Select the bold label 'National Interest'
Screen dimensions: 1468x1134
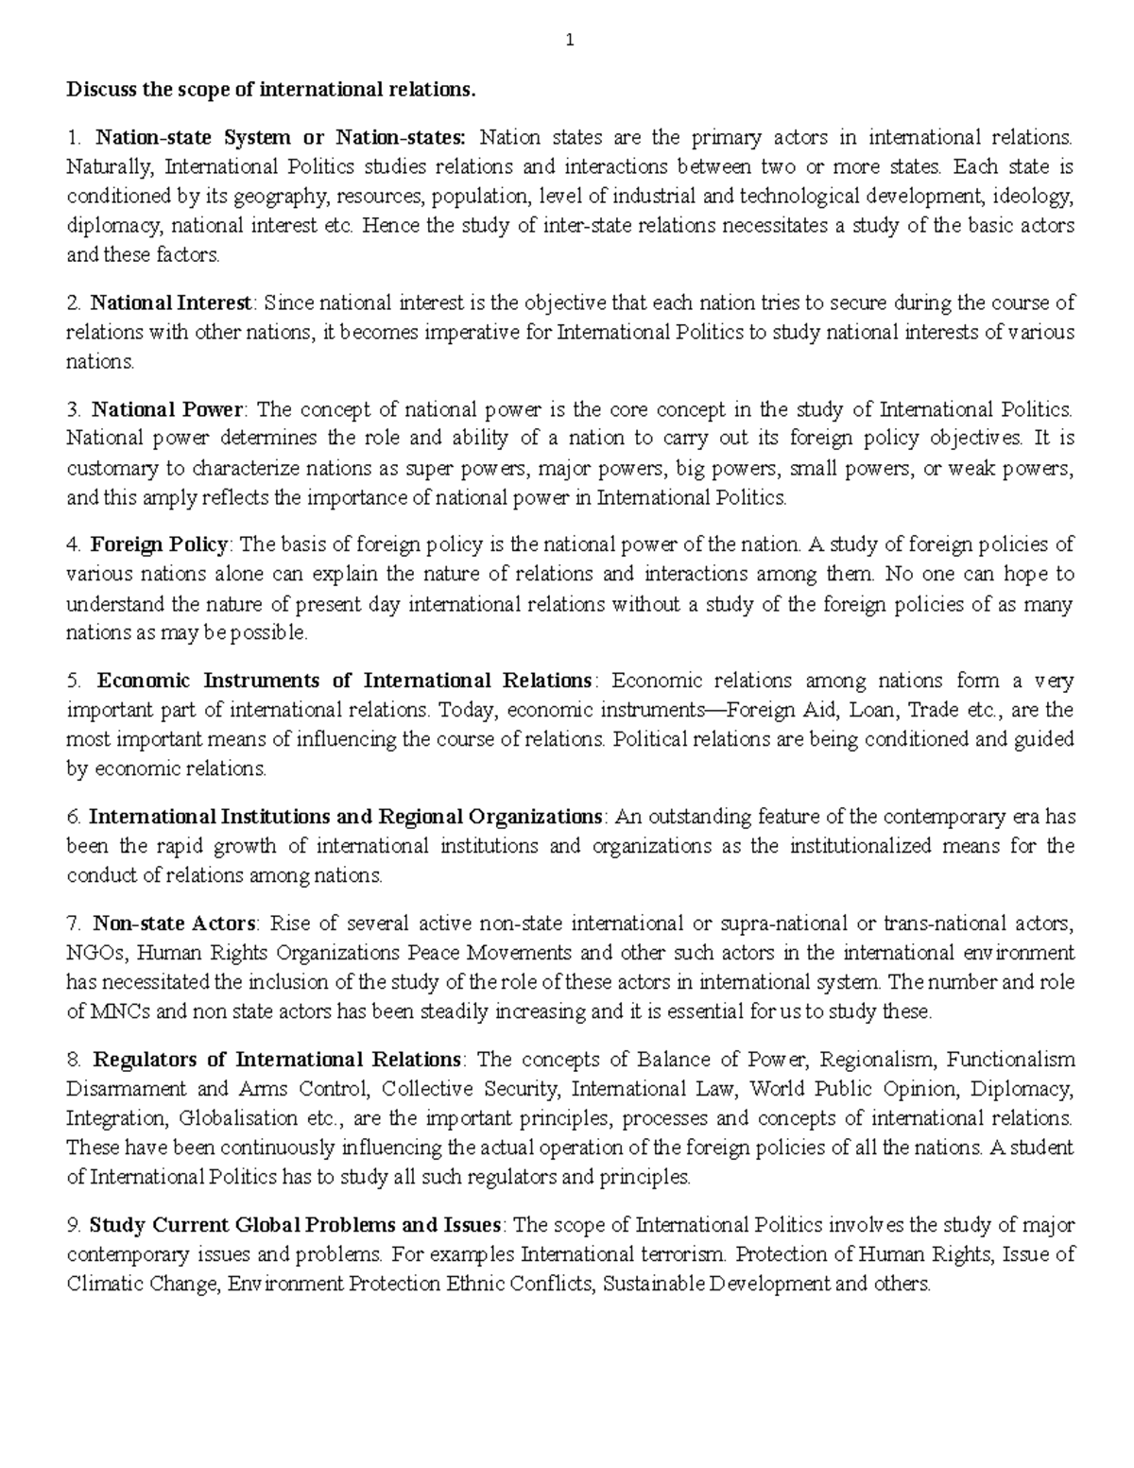click(171, 303)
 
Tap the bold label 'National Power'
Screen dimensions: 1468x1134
click(167, 409)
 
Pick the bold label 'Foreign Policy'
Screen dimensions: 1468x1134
click(159, 544)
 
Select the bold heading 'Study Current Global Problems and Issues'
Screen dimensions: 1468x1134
click(295, 1225)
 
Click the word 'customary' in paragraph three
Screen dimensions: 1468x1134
click(108, 468)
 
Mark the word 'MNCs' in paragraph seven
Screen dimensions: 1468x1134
click(112, 1011)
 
